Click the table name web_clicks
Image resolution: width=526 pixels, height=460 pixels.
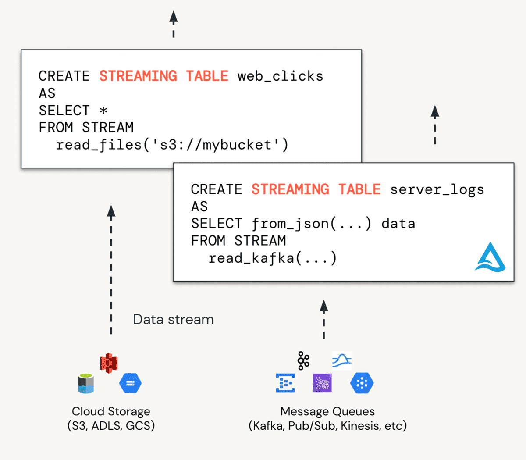[280, 76]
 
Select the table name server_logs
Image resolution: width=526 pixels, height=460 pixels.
[437, 189]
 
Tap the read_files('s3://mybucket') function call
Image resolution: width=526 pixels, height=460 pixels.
[172, 145]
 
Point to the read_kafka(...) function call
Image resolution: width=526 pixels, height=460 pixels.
[272, 258]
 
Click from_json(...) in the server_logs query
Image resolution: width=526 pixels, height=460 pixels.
[312, 224]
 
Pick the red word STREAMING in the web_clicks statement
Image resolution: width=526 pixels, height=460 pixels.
[138, 76]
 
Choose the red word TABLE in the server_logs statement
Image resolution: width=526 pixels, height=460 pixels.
[359, 189]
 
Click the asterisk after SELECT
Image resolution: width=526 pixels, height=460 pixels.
[103, 111]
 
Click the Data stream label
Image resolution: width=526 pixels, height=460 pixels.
[173, 319]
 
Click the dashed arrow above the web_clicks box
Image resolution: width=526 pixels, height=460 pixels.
[174, 24]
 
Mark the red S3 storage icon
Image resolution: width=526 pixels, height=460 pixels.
[109, 363]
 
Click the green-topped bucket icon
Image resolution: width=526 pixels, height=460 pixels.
[86, 383]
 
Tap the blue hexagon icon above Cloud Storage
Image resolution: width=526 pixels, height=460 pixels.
[130, 383]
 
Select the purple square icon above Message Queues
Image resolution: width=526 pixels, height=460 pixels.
[322, 383]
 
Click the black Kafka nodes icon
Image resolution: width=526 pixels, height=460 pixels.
[303, 360]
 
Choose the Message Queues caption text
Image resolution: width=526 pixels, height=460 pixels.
[327, 411]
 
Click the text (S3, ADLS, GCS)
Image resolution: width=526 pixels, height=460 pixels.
[111, 426]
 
